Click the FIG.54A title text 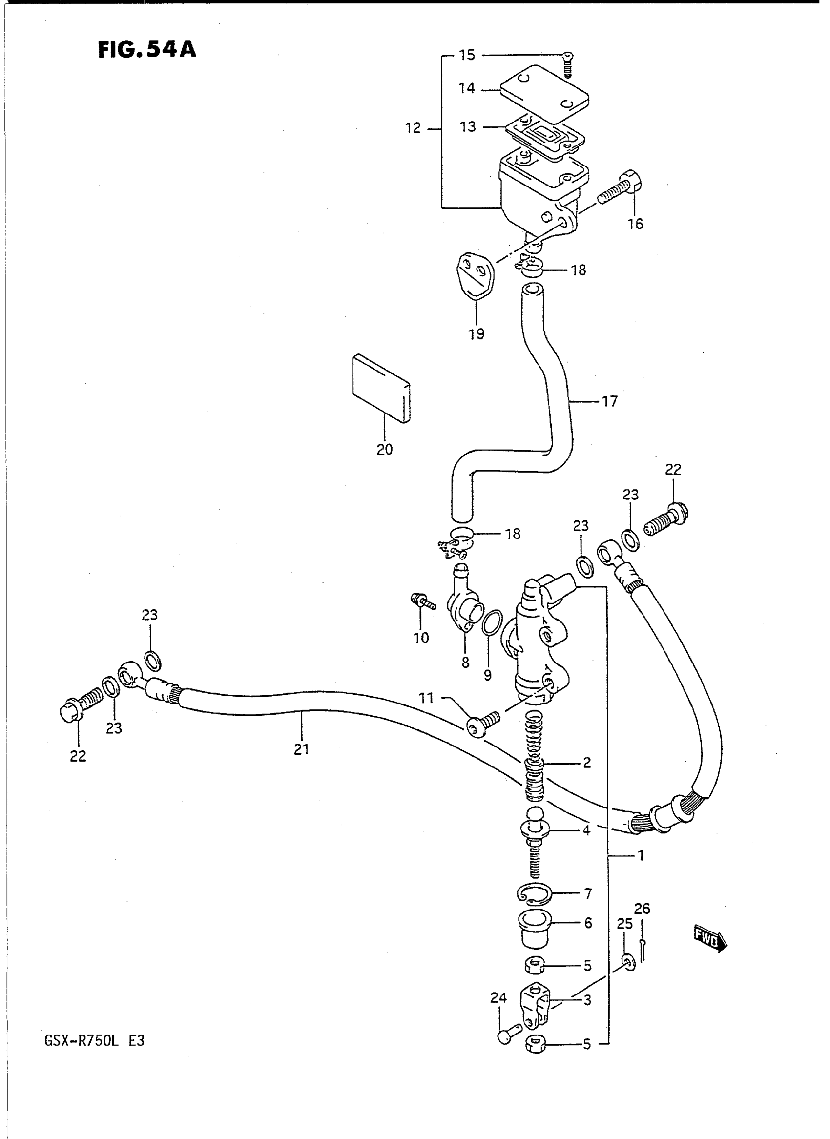point(146,50)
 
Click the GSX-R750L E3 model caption point(94,1040)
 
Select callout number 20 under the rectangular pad point(384,449)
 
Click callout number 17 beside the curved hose point(609,401)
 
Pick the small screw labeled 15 point(568,65)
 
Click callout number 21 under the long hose point(301,749)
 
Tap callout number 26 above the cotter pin point(642,909)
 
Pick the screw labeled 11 point(483,724)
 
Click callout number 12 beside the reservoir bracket point(413,128)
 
